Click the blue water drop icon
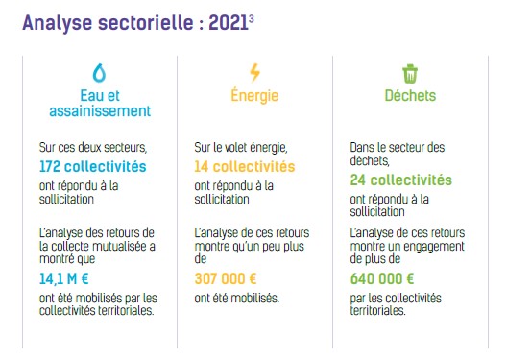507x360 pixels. [x=100, y=73]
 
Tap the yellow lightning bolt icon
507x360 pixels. [x=254, y=73]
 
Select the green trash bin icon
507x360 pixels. [x=410, y=73]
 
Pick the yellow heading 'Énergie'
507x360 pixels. [x=254, y=95]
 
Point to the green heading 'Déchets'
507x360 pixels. [x=410, y=95]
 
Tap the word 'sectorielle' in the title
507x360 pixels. [x=154, y=24]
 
